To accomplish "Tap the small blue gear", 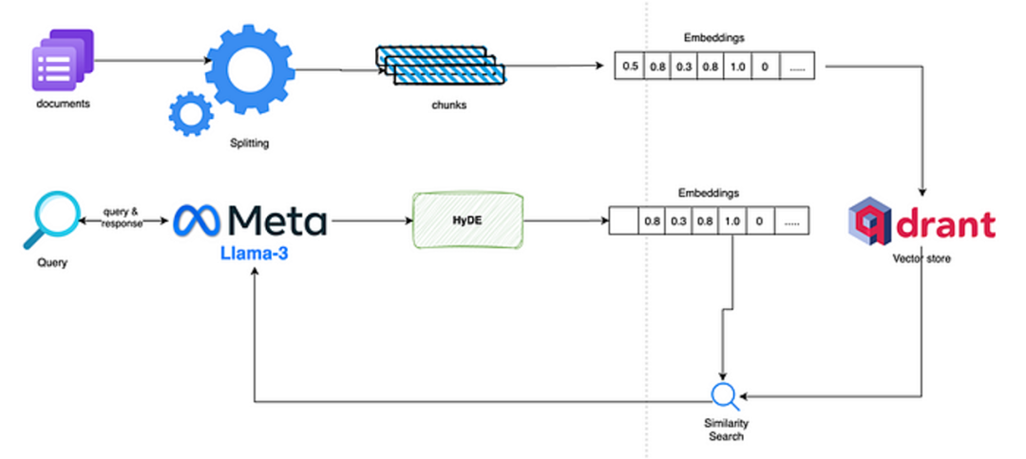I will tap(190, 113).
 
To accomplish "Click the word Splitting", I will tap(250, 143).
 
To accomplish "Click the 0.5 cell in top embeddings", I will tap(629, 67).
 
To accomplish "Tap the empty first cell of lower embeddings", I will tap(622, 221).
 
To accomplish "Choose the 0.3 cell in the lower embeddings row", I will tap(679, 221).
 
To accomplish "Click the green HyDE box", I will tap(466, 220).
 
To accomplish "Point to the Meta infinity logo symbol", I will tap(199, 220).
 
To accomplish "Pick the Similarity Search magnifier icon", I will tap(725, 395).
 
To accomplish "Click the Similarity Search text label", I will tap(725, 430).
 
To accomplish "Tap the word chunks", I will tap(447, 105).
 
